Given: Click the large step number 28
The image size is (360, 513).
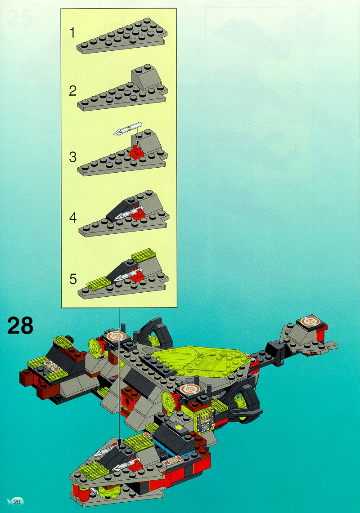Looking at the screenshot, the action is [x=20, y=325].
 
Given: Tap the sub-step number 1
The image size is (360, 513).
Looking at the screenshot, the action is [x=72, y=33].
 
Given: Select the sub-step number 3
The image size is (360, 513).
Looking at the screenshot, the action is [x=73, y=157].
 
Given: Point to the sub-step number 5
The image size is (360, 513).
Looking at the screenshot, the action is [x=73, y=279].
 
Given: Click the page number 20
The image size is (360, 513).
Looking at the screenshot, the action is [x=17, y=502].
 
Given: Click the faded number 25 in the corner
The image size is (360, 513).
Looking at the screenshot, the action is [x=20, y=18].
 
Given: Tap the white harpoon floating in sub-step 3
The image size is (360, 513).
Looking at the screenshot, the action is [x=128, y=129].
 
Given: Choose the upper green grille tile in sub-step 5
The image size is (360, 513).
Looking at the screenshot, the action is [x=143, y=254].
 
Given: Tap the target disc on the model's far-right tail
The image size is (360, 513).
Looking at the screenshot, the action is [x=310, y=322].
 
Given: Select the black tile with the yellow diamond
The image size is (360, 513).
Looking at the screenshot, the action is [x=178, y=427].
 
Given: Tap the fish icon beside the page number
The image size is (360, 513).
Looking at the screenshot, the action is [x=10, y=502].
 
